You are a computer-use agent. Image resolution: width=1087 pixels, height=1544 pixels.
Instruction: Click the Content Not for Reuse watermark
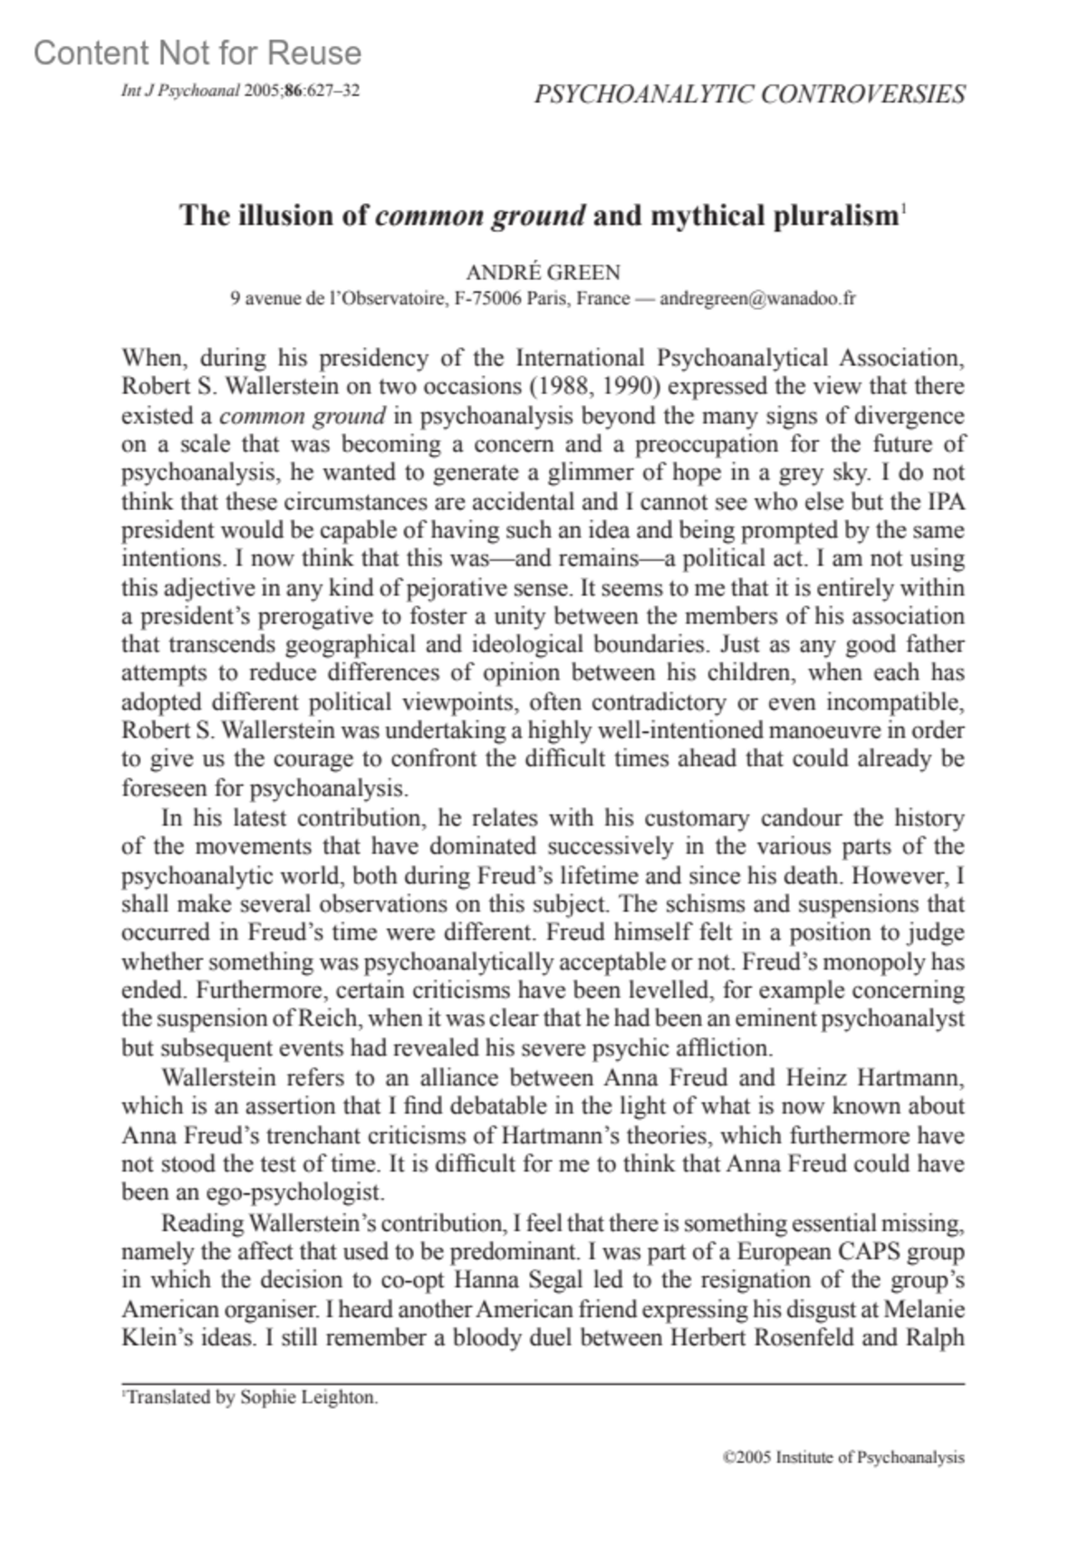(x=197, y=54)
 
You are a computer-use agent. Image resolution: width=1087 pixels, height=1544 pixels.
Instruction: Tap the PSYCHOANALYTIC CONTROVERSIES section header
(x=749, y=94)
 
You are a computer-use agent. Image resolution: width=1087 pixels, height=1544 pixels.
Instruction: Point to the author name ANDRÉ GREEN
(x=543, y=273)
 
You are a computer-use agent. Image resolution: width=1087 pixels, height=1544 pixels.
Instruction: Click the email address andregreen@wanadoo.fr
(x=757, y=298)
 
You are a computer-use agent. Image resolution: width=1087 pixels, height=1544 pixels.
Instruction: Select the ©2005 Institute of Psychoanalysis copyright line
(x=843, y=1458)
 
